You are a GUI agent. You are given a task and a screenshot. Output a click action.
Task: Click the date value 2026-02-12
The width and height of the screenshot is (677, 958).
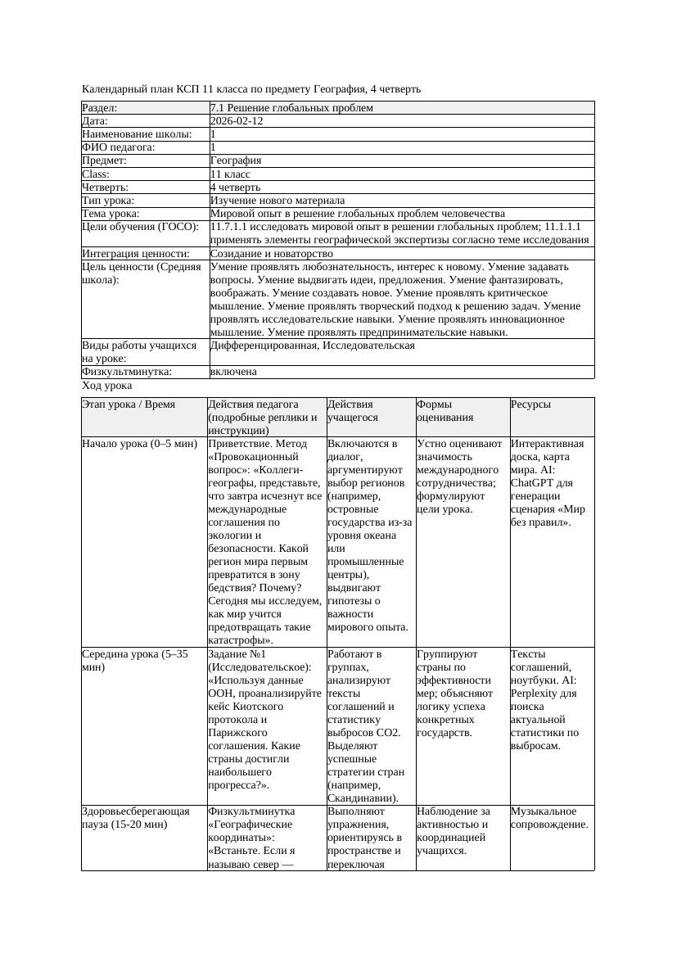tap(237, 121)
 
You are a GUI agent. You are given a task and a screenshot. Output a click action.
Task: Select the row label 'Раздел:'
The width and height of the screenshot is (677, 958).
tap(100, 108)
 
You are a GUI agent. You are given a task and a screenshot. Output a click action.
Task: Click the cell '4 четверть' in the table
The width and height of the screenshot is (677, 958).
tap(235, 188)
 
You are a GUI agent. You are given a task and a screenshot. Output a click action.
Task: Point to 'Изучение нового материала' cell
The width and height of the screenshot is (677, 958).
tap(278, 201)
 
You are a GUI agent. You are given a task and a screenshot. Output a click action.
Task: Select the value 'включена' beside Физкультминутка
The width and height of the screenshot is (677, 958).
tap(233, 372)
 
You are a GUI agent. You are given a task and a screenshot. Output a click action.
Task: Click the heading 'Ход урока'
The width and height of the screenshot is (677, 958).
tap(107, 386)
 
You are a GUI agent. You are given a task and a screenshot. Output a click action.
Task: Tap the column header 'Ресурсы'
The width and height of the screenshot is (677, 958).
tap(530, 404)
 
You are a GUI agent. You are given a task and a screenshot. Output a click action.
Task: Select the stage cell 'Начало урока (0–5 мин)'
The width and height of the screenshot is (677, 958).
tap(140, 444)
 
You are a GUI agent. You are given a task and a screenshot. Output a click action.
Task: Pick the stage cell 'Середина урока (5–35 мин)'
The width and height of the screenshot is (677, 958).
tap(135, 660)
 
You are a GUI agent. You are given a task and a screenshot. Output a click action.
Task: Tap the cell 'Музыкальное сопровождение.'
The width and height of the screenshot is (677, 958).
tap(549, 817)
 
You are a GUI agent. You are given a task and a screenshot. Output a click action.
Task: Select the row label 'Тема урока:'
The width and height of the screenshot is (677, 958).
tap(111, 214)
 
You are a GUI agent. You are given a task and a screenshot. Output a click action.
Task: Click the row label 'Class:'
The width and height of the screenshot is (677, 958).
tap(96, 174)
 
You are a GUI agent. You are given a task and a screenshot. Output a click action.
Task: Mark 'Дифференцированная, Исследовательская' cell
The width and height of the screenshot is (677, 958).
tap(313, 346)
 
